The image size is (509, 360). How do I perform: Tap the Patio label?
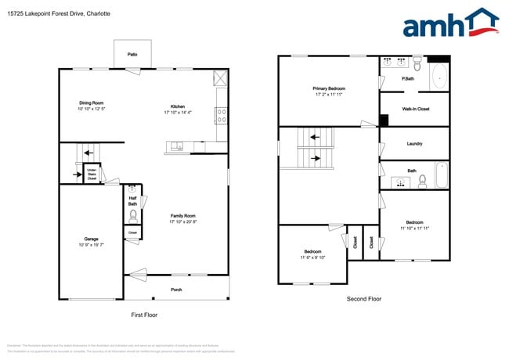coord(132,54)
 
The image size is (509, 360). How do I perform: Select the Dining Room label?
coord(92,103)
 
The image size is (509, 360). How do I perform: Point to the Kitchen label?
coord(178,106)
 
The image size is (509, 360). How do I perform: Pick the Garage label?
coord(92,239)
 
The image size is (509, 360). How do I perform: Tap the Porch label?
coord(177,290)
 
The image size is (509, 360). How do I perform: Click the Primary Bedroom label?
coord(330,88)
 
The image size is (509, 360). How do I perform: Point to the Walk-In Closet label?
coord(413,109)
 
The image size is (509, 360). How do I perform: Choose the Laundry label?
coord(414,143)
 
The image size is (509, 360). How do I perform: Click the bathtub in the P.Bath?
coord(439,77)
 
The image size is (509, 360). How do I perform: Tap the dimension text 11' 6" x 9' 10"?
coord(312,257)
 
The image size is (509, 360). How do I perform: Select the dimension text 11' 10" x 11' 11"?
coord(414,228)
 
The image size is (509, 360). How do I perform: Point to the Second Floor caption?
coord(364,299)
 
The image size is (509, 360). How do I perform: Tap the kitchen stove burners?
coord(221,116)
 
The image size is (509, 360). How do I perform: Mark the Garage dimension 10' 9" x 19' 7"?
coord(92,245)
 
